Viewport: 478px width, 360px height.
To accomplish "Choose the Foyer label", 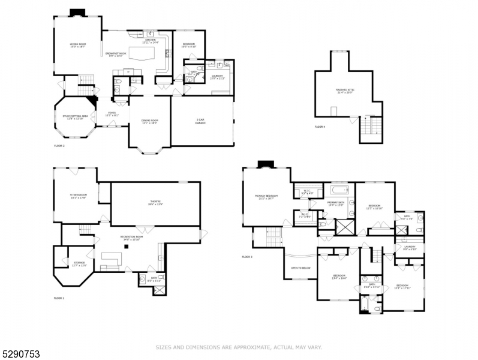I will (112, 113).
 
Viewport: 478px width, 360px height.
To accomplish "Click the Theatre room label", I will (155, 203).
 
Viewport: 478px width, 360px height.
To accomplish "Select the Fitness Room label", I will (79, 196).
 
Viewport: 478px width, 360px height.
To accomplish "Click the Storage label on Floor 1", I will (79, 264).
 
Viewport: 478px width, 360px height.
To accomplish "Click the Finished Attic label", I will (345, 91).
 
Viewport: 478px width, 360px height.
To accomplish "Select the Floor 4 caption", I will (320, 127).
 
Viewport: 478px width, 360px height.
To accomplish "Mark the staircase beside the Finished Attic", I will (370, 127).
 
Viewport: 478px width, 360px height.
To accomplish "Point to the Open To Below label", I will (300, 268).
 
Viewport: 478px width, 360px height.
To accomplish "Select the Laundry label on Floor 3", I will (410, 247).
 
